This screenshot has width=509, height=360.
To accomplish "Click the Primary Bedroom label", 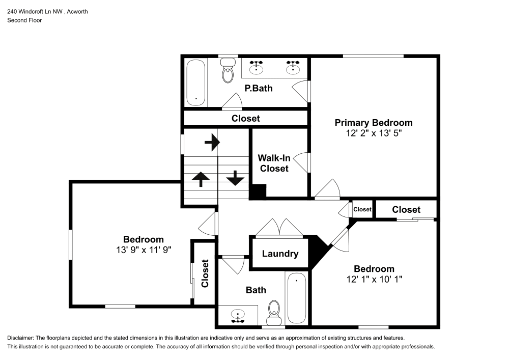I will [x=373, y=123].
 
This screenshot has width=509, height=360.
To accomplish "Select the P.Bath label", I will [x=259, y=88].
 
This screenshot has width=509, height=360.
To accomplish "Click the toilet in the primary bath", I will [x=227, y=71].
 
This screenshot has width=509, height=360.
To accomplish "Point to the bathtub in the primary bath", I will [x=196, y=82].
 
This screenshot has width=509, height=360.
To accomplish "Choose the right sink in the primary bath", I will [x=293, y=67].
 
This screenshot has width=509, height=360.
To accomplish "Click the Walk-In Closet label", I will [x=274, y=163].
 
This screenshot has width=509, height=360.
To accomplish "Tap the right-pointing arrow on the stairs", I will [x=211, y=143].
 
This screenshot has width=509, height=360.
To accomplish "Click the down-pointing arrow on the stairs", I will [x=235, y=178].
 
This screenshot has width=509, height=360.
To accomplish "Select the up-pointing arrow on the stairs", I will [x=201, y=178].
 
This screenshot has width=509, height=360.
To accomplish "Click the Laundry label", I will [x=280, y=254].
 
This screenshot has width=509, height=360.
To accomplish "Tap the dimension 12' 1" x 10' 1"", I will [x=374, y=280].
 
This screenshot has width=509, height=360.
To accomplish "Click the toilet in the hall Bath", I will [x=274, y=310].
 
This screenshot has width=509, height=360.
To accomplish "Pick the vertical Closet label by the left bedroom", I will [x=205, y=274].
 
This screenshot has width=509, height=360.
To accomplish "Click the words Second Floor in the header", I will [x=24, y=20].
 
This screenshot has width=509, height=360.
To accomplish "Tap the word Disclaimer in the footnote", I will [x=20, y=338].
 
